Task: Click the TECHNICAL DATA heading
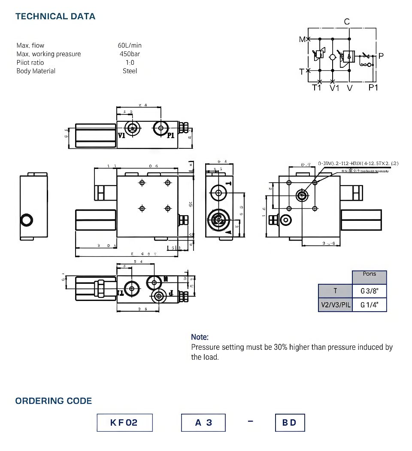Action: pos(55,17)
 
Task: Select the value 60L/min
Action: pos(130,45)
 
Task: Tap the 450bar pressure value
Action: pos(130,54)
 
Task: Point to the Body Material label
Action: pos(36,71)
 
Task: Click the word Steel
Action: pos(130,71)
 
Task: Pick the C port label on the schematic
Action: pos(347,22)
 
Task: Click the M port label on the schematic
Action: pos(302,39)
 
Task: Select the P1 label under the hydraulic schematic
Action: pos(373,87)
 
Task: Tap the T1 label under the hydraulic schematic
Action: pos(317,88)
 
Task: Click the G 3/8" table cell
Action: pos(369,291)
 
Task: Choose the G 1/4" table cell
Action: pos(369,305)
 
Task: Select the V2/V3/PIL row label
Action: pos(336,305)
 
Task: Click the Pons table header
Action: pos(369,274)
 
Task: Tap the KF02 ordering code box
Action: pos(124,423)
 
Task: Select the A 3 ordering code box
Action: pos(203,423)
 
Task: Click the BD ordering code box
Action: pos(290,423)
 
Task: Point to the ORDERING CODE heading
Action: pos(54,401)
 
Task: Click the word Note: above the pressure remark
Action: pos(200,337)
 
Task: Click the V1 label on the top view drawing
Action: pos(122,135)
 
